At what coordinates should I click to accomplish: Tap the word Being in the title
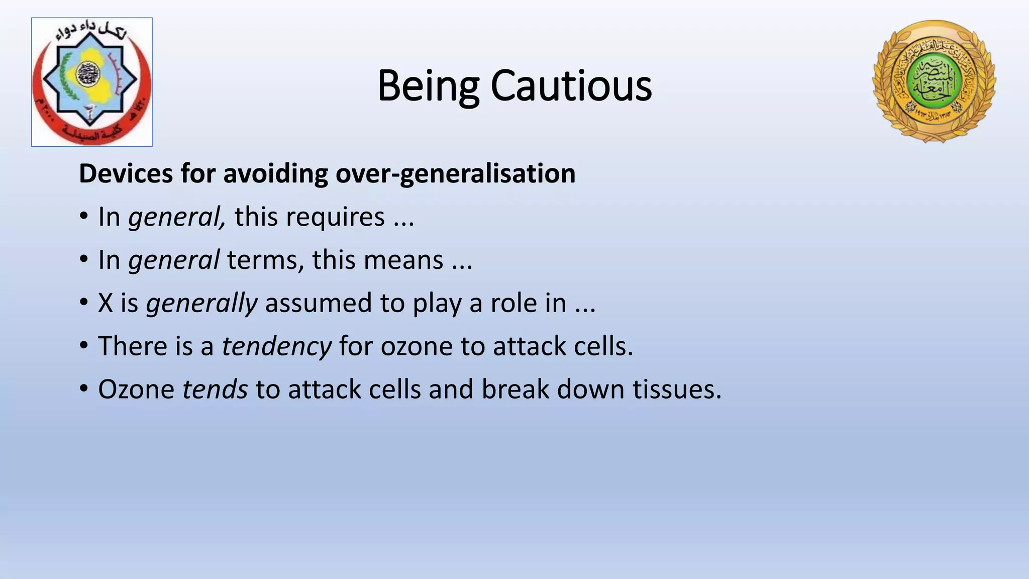pos(428,86)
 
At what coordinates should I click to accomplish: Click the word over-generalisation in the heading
pos(455,173)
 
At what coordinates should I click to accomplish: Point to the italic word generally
pos(201,303)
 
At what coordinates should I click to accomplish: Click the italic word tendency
pos(276,346)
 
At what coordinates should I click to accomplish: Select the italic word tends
pos(215,390)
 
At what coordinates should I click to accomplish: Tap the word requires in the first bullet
pos(310,217)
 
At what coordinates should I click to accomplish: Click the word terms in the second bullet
pos(265,260)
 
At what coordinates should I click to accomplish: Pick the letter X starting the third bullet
pos(106,303)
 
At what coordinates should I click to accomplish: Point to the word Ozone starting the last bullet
pos(136,390)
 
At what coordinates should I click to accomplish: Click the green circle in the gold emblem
pos(934,80)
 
